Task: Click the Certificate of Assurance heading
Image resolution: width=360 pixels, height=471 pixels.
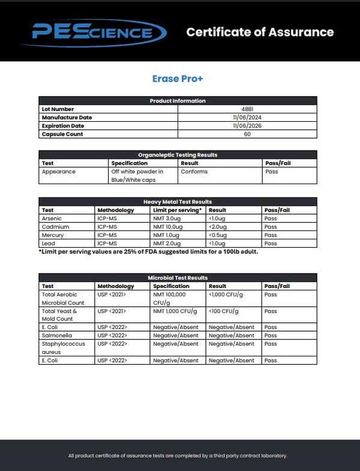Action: pyautogui.click(x=260, y=32)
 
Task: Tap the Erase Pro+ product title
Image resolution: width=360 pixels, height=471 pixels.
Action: pyautogui.click(x=178, y=79)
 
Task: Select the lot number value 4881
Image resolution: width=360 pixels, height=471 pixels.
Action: pyautogui.click(x=247, y=109)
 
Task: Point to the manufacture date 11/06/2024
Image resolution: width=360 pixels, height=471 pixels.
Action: pyautogui.click(x=247, y=118)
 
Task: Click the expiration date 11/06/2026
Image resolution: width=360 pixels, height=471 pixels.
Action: pyautogui.click(x=247, y=126)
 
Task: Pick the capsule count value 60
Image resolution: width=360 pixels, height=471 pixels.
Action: pyautogui.click(x=247, y=134)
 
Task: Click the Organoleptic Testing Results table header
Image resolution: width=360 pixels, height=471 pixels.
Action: pyautogui.click(x=178, y=155)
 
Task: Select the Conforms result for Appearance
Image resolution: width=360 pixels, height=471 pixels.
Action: pyautogui.click(x=194, y=172)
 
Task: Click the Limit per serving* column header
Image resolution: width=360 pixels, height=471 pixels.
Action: pyautogui.click(x=177, y=210)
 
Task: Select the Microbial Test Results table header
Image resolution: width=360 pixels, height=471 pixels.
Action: pyautogui.click(x=178, y=278)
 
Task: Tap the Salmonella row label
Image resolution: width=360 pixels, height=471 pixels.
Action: pyautogui.click(x=56, y=335)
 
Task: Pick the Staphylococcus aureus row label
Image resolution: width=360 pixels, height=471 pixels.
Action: pyautogui.click(x=63, y=348)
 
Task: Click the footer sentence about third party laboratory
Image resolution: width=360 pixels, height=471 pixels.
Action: pyautogui.click(x=178, y=455)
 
